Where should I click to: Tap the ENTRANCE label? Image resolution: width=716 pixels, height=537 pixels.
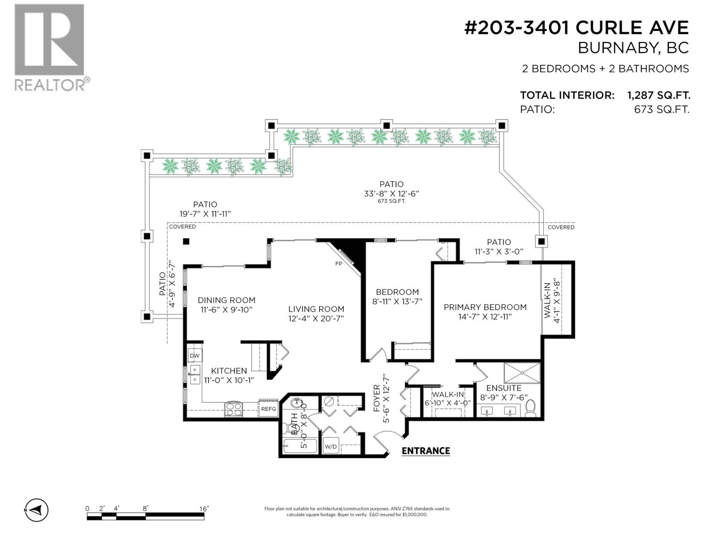point(426,451)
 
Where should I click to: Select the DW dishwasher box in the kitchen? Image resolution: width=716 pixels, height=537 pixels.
point(195,356)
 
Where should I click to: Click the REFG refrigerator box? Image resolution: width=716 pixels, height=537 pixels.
point(268,409)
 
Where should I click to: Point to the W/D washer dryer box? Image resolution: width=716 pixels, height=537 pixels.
point(331,446)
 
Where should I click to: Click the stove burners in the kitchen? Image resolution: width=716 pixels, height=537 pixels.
point(234,409)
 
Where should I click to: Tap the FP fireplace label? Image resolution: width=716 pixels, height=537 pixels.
point(339,264)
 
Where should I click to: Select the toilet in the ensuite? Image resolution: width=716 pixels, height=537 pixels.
point(530,408)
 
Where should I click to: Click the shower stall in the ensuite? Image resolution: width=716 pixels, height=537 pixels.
point(522,373)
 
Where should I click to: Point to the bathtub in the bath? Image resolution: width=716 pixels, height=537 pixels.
point(300,446)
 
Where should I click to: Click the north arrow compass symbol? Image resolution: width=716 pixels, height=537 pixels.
point(36,510)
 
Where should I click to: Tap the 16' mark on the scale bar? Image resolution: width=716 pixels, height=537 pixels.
point(204,509)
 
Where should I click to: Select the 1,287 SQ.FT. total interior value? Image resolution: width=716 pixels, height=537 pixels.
point(659,95)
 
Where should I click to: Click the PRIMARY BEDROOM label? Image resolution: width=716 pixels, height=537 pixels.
point(485,307)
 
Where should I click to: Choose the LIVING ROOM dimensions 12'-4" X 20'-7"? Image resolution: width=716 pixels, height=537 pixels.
point(316,319)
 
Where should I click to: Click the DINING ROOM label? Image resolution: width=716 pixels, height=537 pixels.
point(226,300)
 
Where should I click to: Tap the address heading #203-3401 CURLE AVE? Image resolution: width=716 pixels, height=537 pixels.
point(576,28)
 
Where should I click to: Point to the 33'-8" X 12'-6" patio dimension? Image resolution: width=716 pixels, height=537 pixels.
point(391,193)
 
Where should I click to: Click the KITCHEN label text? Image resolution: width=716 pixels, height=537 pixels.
point(229,371)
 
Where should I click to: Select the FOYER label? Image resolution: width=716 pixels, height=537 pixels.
point(376,398)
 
